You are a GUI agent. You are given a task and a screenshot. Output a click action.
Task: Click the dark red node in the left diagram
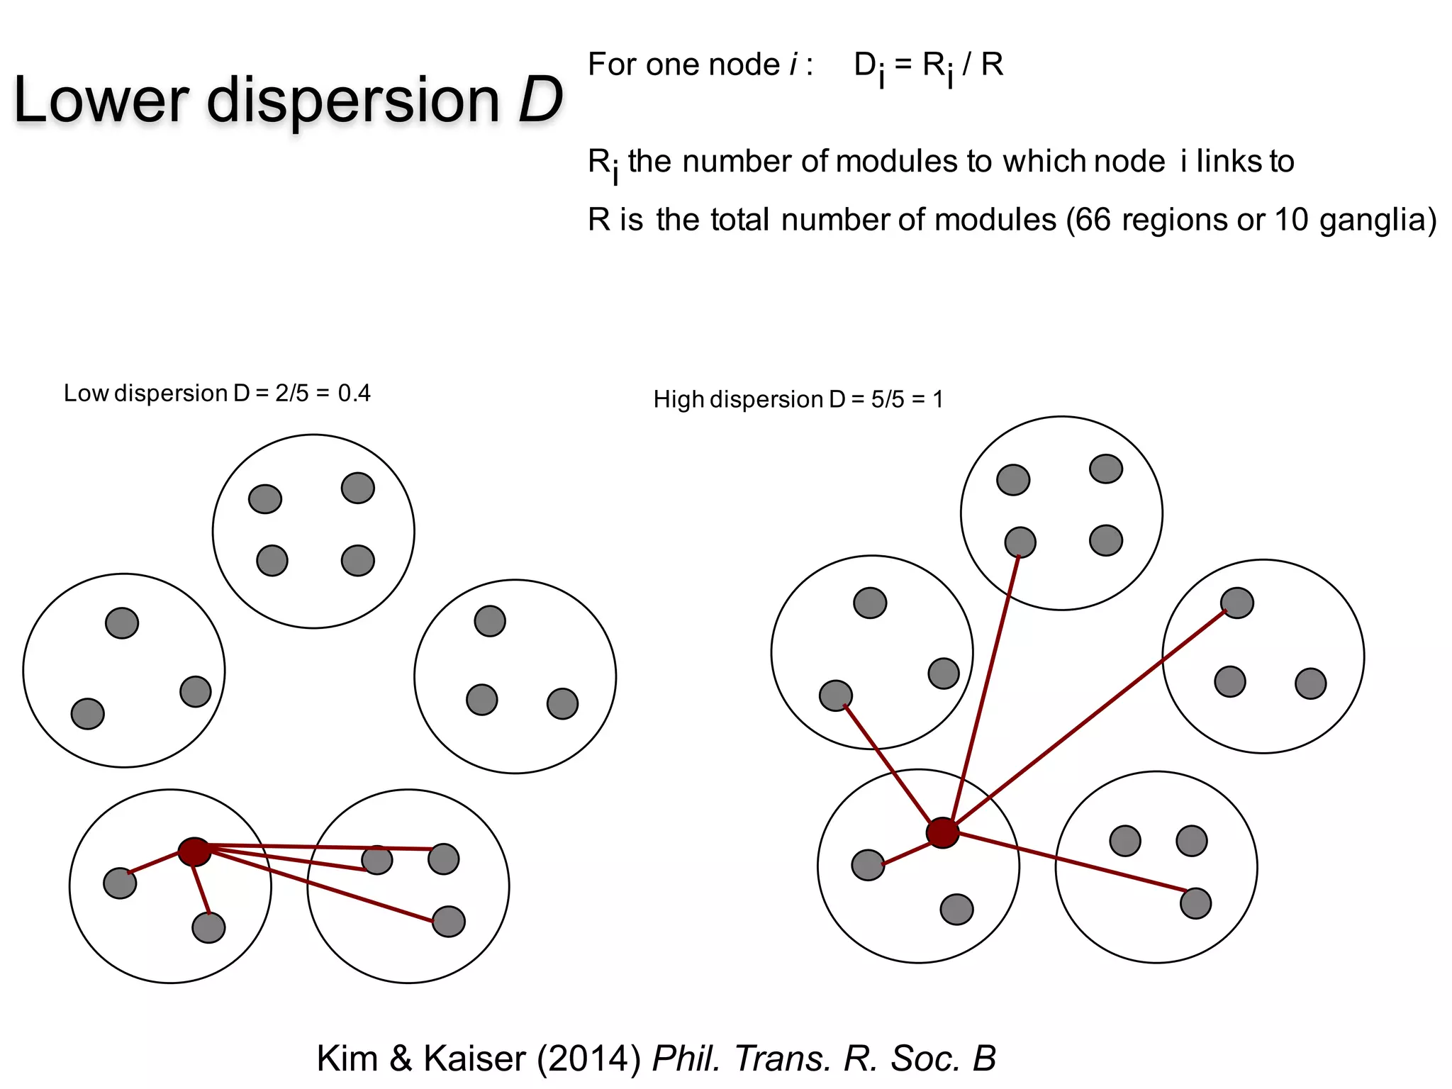coord(194,851)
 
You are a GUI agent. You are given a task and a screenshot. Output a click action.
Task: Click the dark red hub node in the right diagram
coord(942,832)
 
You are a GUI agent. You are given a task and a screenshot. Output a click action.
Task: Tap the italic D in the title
coord(540,100)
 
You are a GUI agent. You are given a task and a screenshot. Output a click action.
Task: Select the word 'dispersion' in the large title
coord(353,100)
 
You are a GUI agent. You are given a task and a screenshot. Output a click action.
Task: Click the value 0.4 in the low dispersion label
coord(354,393)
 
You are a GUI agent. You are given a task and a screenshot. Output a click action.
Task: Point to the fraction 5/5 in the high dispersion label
coord(888,399)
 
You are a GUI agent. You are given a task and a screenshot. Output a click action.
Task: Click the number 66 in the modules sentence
coord(1093,220)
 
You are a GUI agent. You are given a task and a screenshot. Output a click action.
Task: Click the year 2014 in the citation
coord(588,1059)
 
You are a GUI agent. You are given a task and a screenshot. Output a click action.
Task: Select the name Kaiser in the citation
coord(475,1059)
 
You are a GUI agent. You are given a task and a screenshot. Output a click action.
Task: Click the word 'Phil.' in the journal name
coord(686,1059)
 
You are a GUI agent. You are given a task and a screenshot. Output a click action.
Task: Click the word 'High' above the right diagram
coord(678,399)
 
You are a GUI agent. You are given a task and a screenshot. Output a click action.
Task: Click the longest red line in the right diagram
coord(1092,716)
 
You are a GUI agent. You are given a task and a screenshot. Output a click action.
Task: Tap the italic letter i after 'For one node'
coord(793,65)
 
